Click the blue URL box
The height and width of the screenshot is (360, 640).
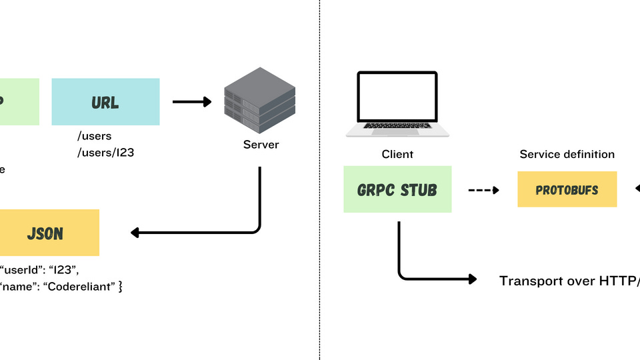105,102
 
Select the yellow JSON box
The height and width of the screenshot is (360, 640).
49,233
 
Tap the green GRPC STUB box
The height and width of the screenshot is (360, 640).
397,190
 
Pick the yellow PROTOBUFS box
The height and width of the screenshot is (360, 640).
567,190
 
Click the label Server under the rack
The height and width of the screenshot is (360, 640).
261,145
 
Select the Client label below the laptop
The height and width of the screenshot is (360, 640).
397,154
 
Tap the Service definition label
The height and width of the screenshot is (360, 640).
567,154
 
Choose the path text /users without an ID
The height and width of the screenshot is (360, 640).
94,137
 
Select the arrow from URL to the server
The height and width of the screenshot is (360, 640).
191,102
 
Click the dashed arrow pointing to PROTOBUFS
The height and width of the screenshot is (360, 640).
483,190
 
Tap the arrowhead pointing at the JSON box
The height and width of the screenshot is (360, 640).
134,233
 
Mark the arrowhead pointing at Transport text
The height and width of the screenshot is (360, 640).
473,279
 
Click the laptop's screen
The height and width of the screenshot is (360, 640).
397,99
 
